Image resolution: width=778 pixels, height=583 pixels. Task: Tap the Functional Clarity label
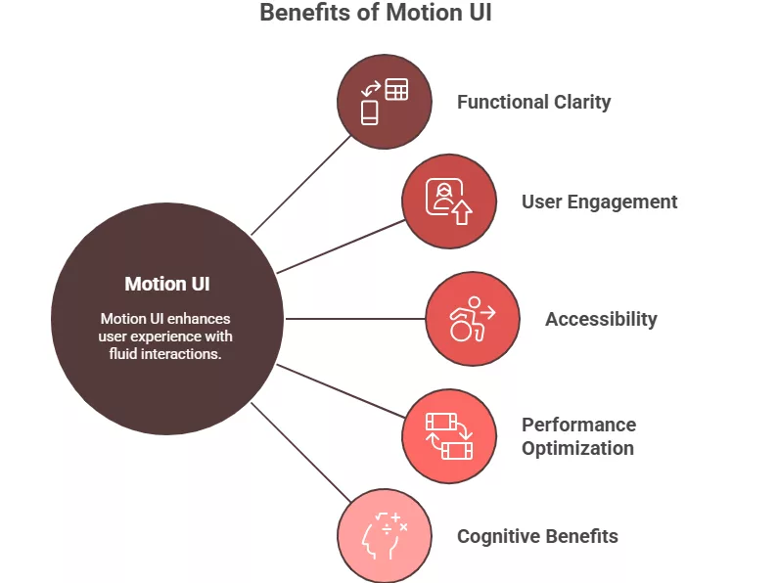tap(533, 102)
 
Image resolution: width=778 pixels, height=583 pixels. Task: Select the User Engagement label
tap(599, 202)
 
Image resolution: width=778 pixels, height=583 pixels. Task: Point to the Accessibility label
tap(601, 319)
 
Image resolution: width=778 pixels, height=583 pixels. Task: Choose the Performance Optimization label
tap(578, 436)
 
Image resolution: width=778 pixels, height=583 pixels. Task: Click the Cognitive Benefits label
tap(537, 536)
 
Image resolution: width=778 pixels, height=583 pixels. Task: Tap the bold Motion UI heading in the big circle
tap(167, 285)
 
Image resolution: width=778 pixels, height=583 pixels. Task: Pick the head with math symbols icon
tap(384, 535)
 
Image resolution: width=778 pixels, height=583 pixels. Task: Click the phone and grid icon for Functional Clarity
tap(384, 102)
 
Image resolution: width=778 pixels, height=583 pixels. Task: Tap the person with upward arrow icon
tap(449, 201)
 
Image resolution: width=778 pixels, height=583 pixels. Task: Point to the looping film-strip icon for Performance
tap(448, 436)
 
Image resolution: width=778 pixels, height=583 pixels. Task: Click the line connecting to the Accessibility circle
tap(354, 319)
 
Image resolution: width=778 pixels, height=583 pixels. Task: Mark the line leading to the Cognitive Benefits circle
tap(299, 451)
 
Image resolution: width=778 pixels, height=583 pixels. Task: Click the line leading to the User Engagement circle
tap(341, 246)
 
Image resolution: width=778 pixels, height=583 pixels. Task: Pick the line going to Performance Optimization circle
tap(341, 391)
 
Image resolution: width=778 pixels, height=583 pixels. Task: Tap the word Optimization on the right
tap(577, 448)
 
